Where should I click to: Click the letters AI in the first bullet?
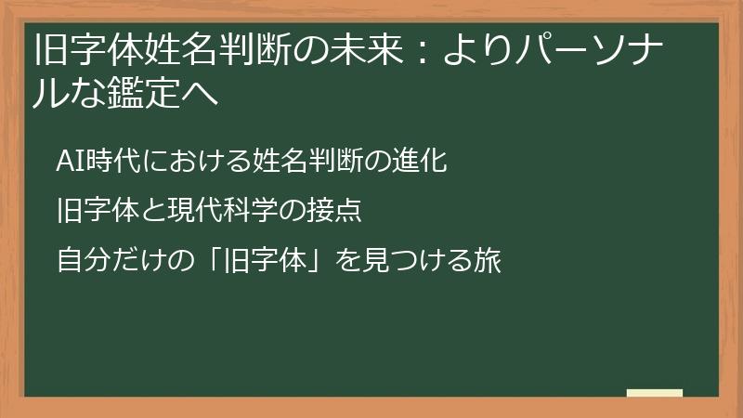point(70,161)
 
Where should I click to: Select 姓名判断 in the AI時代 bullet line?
point(307,161)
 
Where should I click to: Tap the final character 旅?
point(489,261)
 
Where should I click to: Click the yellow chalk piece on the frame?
point(654,394)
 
